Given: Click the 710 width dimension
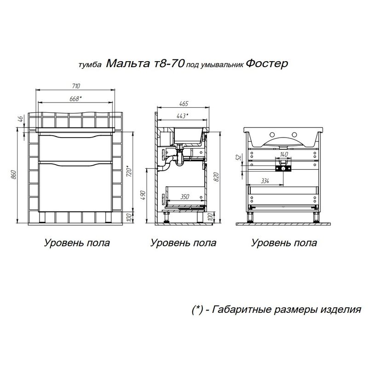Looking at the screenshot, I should click(76, 86).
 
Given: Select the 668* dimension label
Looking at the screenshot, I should click(76, 98).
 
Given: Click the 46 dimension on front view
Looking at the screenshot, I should click(21, 119).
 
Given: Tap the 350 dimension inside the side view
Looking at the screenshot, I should click(184, 196).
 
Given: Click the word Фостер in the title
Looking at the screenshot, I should click(267, 63).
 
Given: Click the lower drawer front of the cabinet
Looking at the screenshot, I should click(76, 189).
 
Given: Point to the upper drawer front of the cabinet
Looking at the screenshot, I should click(76, 148).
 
